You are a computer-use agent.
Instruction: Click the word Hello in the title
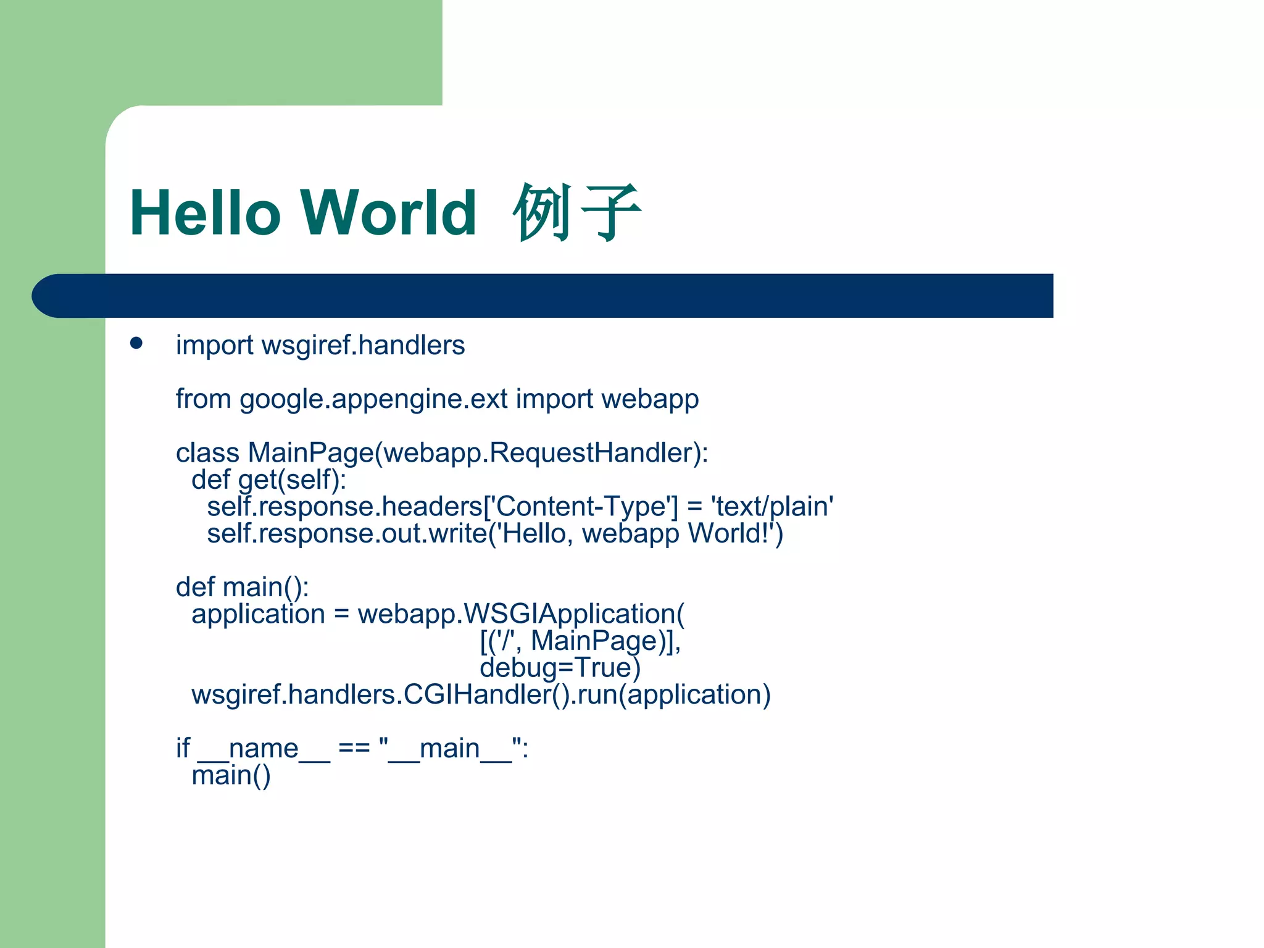click(206, 213)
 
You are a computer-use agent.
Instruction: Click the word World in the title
click(388, 213)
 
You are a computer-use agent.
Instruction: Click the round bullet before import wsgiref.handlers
click(136, 344)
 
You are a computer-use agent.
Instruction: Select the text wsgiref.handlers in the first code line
click(363, 345)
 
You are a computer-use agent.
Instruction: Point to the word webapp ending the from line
click(650, 399)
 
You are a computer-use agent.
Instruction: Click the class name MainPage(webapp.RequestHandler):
click(478, 453)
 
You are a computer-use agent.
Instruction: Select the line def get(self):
click(269, 480)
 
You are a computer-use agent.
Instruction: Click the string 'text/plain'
click(772, 507)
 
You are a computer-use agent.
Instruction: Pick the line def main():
click(242, 588)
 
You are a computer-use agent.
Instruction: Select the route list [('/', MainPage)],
click(580, 641)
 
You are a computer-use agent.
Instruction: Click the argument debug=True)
click(560, 668)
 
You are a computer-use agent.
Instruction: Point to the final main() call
click(231, 776)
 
